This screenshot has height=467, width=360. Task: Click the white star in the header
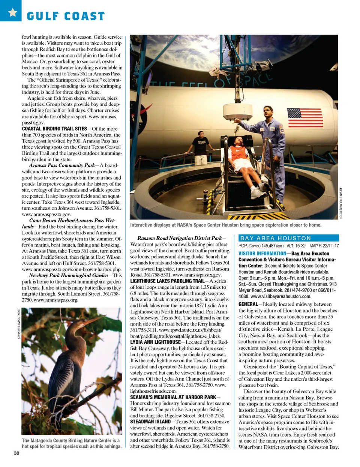coord(12,12)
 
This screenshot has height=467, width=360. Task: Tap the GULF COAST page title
coord(66,16)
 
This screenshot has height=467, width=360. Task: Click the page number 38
coord(16,453)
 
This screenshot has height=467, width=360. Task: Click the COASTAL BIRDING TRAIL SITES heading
coord(54,129)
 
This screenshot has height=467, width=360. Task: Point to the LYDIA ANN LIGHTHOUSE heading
coord(155,342)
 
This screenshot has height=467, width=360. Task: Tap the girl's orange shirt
coord(238,153)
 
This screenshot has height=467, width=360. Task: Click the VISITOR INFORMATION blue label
coord(262,254)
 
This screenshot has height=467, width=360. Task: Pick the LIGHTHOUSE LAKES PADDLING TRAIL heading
coord(167,281)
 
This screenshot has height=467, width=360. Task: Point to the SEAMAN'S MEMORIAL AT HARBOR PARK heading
coord(173,397)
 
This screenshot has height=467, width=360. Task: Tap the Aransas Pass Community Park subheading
coord(62,165)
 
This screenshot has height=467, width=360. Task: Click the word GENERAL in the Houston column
coord(248,304)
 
